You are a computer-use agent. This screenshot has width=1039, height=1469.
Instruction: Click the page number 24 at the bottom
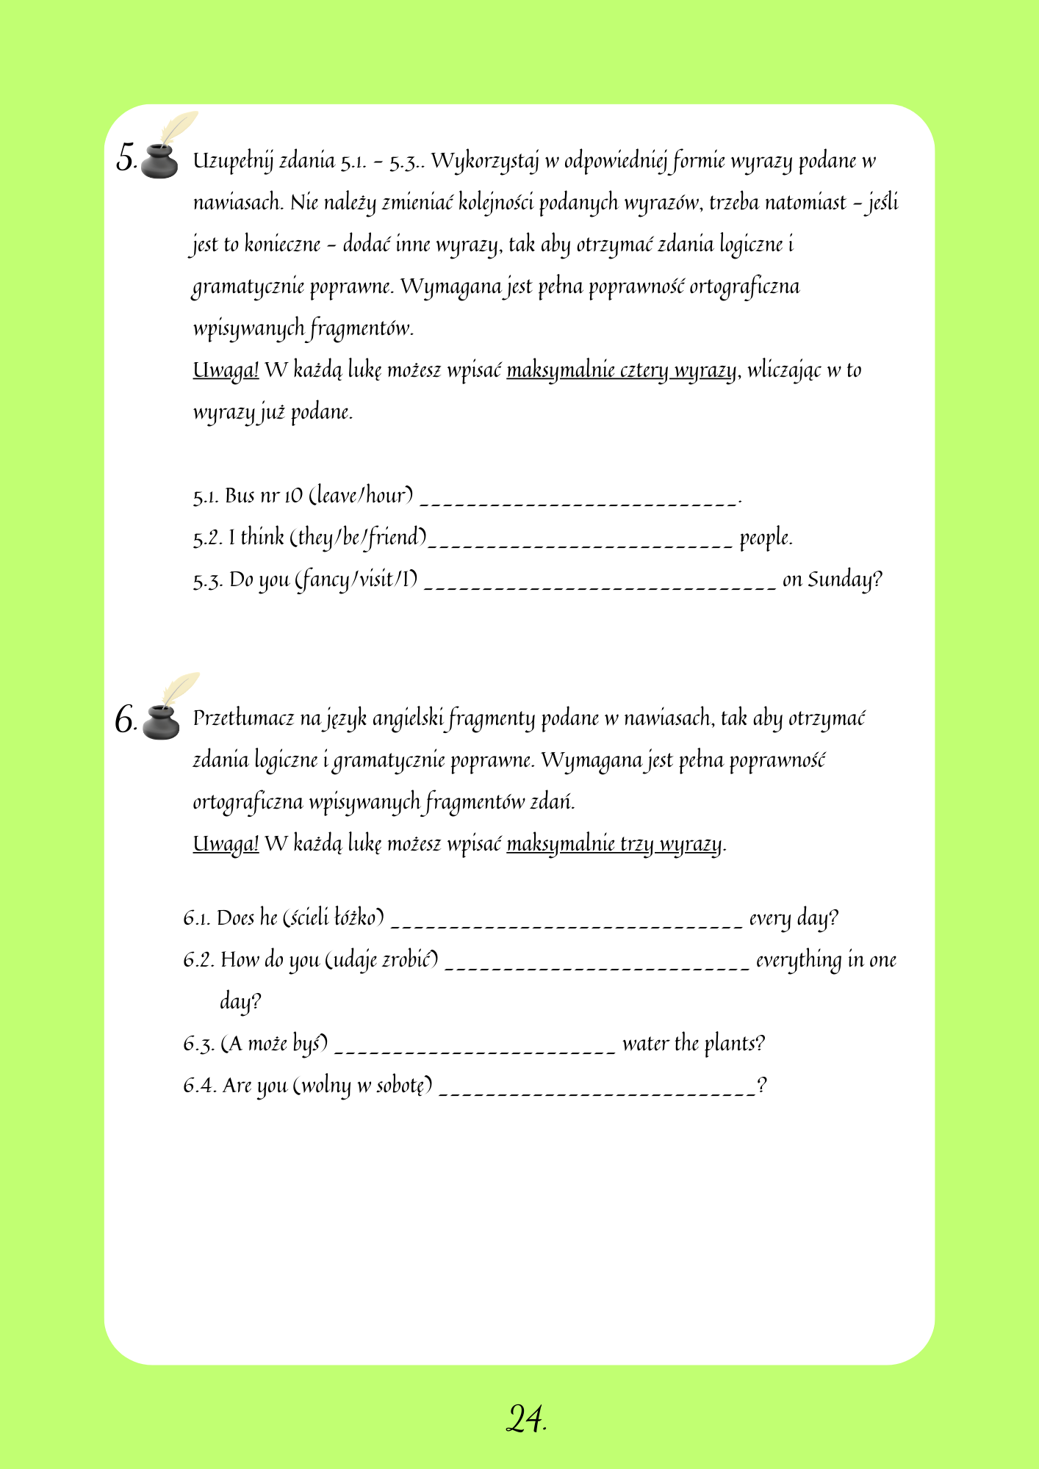(525, 1419)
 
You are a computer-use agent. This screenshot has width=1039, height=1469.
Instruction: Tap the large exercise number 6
(125, 719)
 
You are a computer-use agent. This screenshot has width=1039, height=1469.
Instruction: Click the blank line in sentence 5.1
(578, 501)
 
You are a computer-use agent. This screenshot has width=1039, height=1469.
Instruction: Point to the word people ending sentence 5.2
(765, 538)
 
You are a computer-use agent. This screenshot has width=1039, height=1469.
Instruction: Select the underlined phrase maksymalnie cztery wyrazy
(622, 369)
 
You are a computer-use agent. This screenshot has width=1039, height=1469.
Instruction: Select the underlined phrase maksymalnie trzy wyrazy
(614, 843)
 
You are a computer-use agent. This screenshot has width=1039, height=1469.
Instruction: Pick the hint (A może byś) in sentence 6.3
(275, 1044)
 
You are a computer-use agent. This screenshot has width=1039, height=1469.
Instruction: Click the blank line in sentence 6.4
(597, 1091)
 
